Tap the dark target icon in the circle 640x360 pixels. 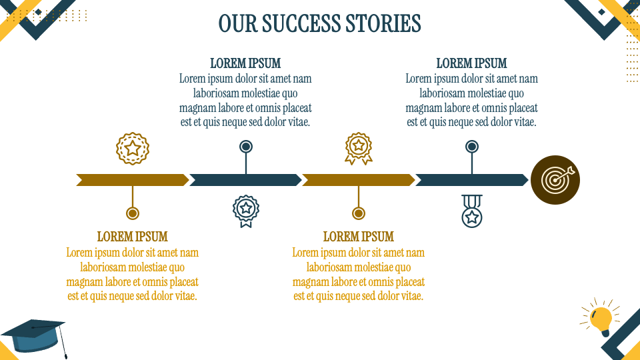(555, 180)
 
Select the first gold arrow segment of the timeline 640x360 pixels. (132, 180)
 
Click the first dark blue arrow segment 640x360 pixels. (245, 180)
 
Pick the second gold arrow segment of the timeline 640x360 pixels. (358, 180)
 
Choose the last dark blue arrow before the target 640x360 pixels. (471, 180)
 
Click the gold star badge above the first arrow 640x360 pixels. (133, 149)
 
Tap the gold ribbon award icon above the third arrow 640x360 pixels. (359, 149)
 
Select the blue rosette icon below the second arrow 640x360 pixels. (246, 211)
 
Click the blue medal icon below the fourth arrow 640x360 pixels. (472, 211)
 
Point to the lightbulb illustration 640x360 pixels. (601, 318)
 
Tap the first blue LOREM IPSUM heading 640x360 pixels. (245, 63)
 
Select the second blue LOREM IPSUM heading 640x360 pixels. (471, 63)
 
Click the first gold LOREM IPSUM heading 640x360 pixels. (132, 237)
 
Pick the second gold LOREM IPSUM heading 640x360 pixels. (358, 237)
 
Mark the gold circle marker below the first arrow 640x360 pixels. (133, 213)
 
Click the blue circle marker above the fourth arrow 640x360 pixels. (472, 147)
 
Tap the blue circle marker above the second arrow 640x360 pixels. (246, 147)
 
